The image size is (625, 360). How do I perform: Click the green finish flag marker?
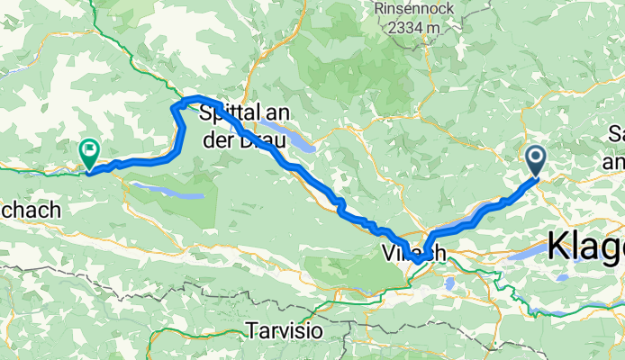(89, 153)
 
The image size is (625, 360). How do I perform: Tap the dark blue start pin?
(535, 161)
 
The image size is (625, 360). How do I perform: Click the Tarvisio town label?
(284, 331)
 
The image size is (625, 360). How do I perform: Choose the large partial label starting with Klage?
(585, 245)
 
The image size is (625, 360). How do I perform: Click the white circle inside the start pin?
(535, 159)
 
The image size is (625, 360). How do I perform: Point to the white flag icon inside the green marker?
(89, 149)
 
